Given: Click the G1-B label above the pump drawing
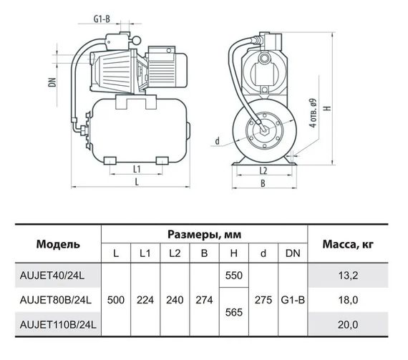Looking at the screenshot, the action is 102,19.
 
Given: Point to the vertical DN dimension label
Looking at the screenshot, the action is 53,82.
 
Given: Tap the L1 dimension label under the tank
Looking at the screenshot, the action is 137,170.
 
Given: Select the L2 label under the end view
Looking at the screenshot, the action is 263,170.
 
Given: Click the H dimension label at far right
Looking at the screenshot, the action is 329,107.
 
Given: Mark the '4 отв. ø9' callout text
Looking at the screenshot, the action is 314,113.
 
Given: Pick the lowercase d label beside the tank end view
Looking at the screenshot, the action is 218,141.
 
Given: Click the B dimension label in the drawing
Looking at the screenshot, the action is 263,183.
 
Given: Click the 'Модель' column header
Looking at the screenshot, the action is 58,244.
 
